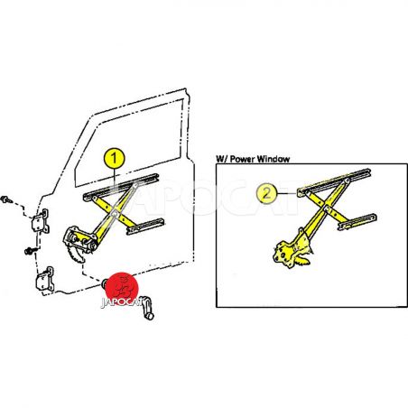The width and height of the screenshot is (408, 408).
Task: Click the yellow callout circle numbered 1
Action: coord(114,158)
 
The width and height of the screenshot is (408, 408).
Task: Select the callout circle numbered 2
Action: coord(266,193)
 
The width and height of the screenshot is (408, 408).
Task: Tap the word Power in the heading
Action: coord(242,159)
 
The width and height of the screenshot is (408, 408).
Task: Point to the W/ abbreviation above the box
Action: coord(222,159)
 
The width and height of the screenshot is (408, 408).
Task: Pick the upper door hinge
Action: coord(41,221)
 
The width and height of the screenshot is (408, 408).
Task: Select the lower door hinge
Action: coord(45,279)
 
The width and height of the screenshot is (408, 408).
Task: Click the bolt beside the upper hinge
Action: coord(5,199)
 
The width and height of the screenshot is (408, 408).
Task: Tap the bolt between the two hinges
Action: coord(30,251)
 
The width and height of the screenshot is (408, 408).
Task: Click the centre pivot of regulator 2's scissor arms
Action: coord(326,209)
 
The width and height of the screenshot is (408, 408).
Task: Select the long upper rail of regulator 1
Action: coord(120,187)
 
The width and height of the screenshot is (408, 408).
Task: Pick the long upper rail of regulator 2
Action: coord(334,182)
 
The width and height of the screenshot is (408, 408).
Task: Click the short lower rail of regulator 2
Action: coord(357,222)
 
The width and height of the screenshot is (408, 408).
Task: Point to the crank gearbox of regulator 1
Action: coord(79,239)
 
